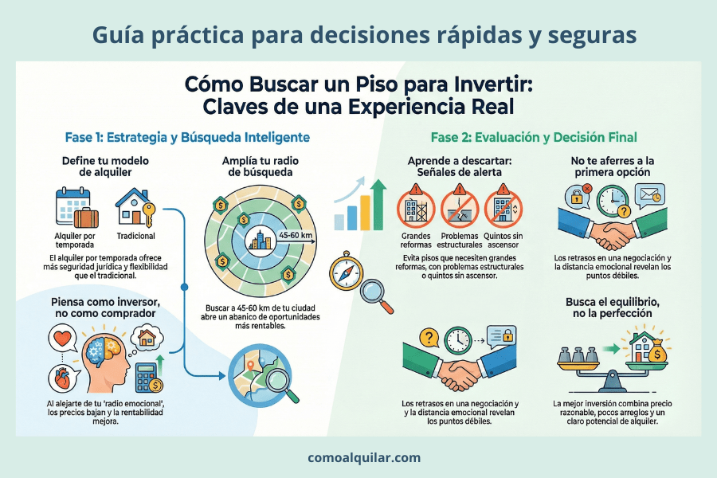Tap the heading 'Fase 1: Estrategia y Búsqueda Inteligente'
pos(187,137)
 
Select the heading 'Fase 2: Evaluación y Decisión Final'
pos(534,137)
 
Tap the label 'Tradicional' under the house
pos(135,237)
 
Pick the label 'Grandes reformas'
pos(417,241)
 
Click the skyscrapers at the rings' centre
pos(261,237)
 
